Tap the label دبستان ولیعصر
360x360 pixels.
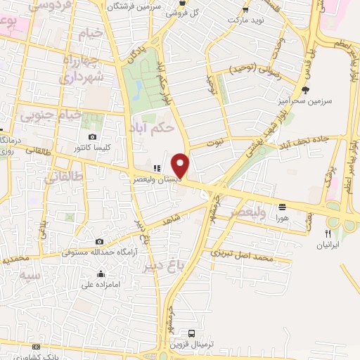tap(157, 179)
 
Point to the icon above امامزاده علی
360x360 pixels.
tap(101, 274)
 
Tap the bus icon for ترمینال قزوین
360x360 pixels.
tap(192, 333)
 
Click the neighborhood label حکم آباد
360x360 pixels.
tap(153, 128)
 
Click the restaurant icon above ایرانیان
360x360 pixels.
tap(327, 233)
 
